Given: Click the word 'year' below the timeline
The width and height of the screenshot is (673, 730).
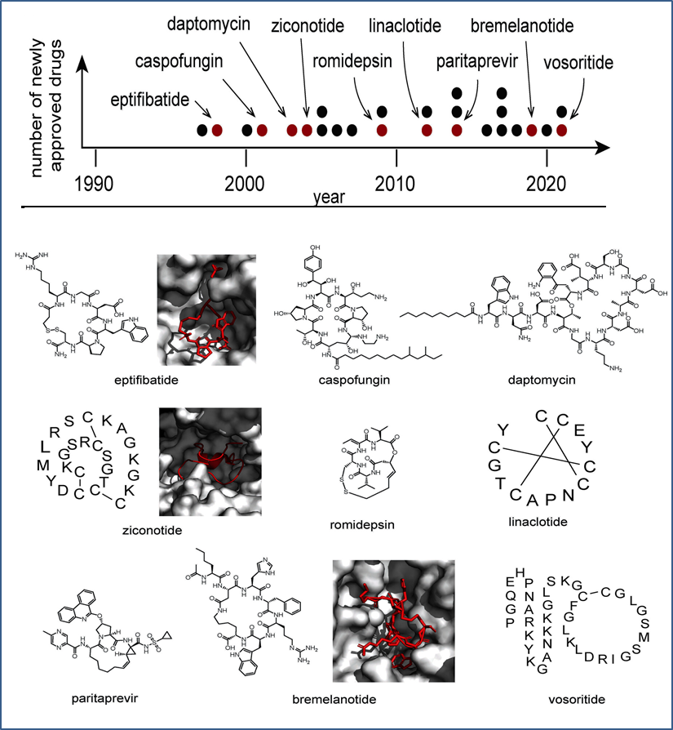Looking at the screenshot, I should click(x=329, y=197).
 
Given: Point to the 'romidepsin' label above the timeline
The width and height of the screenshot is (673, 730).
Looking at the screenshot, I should click(x=353, y=63).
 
